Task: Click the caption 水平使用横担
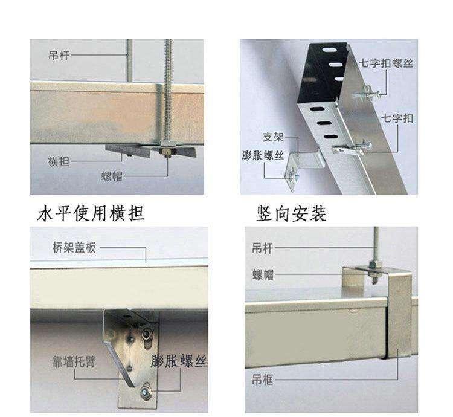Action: (x=91, y=213)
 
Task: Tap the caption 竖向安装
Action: (x=292, y=214)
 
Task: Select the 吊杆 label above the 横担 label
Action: (x=59, y=55)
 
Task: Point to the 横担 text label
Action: (x=59, y=161)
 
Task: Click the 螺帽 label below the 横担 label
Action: (x=112, y=176)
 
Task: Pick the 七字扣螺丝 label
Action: (x=386, y=63)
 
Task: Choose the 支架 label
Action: (x=273, y=137)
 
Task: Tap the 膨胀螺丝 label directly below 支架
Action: (x=263, y=155)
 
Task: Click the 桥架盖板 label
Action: (x=74, y=248)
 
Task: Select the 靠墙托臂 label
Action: (x=74, y=361)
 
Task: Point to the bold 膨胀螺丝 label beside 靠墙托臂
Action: (x=179, y=361)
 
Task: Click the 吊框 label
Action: (x=262, y=380)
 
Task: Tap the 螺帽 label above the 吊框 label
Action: (x=263, y=274)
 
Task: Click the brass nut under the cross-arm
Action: (x=166, y=152)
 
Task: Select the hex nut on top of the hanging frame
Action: (x=374, y=265)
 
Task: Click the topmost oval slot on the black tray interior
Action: (x=330, y=50)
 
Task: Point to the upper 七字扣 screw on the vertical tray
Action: (x=366, y=92)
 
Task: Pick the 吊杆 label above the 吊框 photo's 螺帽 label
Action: (x=262, y=248)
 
